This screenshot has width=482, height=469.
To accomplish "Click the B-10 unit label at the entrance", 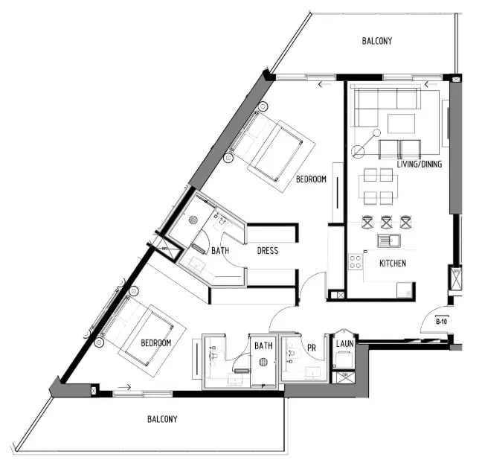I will click(441, 322).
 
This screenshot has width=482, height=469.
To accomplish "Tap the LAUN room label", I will click(344, 345).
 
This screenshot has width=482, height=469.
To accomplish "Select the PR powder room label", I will click(312, 346).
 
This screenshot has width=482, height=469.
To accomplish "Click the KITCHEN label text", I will click(393, 264).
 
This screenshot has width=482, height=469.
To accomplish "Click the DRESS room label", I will click(268, 251).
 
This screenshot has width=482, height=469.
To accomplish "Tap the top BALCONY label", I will click(377, 42).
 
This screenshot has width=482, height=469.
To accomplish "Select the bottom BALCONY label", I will click(162, 419).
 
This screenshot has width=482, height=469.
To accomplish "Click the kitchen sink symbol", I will click(388, 240).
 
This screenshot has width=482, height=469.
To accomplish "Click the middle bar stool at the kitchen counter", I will click(386, 221).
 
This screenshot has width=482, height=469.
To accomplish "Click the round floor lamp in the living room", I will click(358, 152).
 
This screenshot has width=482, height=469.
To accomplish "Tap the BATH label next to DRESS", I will click(219, 252).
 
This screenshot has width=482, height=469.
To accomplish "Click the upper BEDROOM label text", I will click(311, 179).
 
